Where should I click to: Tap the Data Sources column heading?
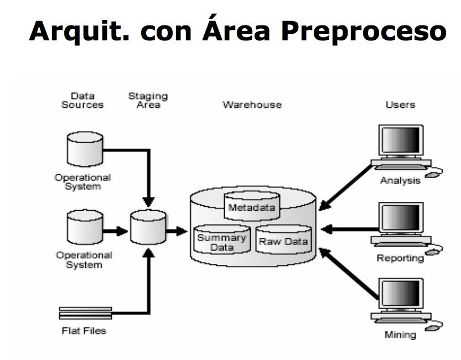(82, 100)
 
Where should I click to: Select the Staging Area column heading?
(148, 100)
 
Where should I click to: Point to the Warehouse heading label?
(252, 104)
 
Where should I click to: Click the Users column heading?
(400, 104)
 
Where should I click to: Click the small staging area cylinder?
(148, 226)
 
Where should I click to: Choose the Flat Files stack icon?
(85, 312)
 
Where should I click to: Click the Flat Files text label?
(84, 331)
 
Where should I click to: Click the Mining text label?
(400, 335)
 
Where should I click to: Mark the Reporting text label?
(400, 258)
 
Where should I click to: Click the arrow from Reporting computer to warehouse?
(349, 228)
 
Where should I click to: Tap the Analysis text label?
(400, 181)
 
